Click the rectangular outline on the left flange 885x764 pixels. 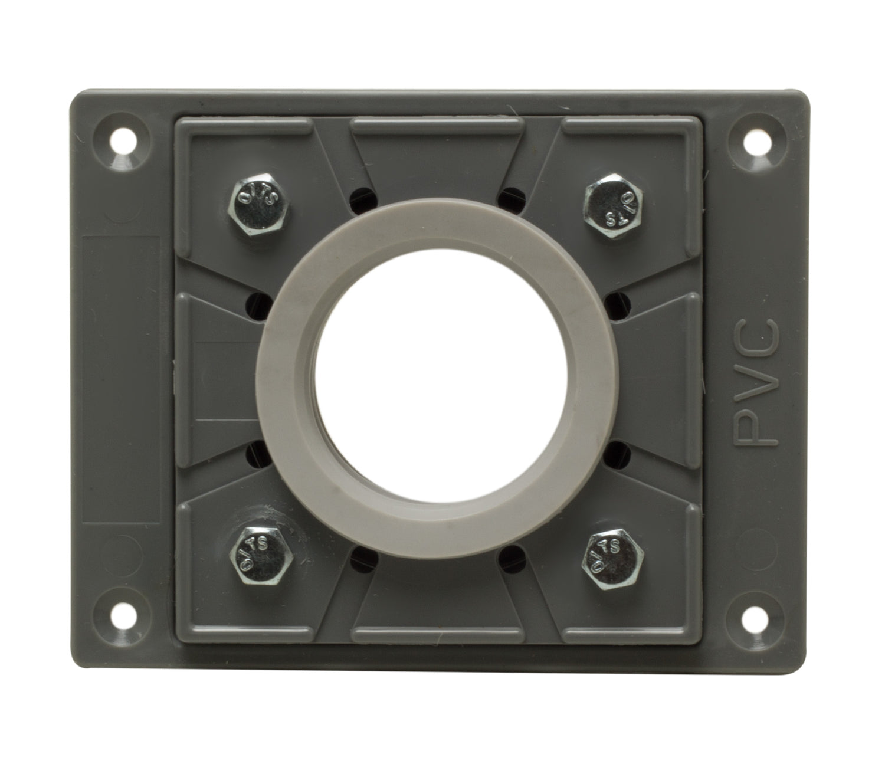pyautogui.click(x=123, y=381)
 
